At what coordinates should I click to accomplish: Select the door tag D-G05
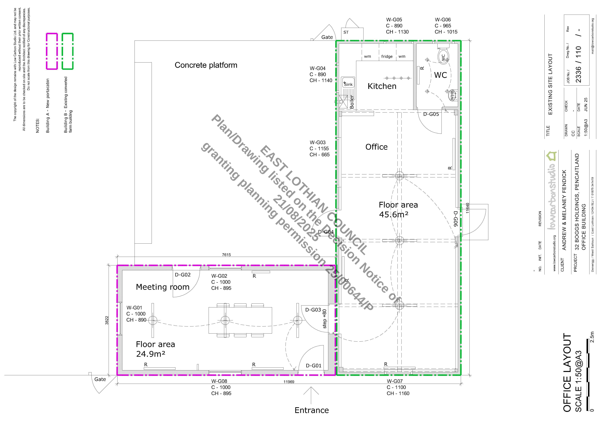coord(431,114)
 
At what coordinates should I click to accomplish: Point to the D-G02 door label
coord(183,275)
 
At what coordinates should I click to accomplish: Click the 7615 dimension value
coord(226,255)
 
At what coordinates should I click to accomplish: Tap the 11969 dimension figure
coord(289,382)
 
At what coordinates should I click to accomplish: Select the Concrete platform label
coord(206,65)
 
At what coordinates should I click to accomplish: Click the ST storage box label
coord(346,32)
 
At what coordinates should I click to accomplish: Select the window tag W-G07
coord(395,381)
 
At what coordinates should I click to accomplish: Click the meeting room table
coord(240,320)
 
